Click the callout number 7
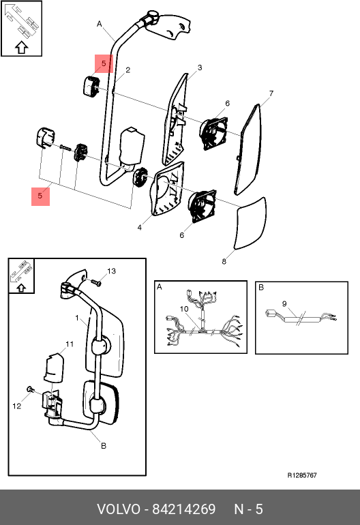271,93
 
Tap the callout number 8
224,261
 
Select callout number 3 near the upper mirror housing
200,67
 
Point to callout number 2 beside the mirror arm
128,70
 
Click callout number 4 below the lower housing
139,228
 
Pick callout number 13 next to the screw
111,271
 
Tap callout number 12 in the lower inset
17,406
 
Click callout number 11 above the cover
70,344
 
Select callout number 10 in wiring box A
184,309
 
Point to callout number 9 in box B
284,303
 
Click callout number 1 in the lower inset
77,318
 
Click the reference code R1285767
302,475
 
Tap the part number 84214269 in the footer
184,509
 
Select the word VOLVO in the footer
119,509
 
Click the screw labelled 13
96,283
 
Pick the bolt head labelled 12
30,389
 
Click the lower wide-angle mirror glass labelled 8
250,224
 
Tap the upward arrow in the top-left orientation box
21,48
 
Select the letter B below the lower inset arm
104,446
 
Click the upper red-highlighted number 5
104,63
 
